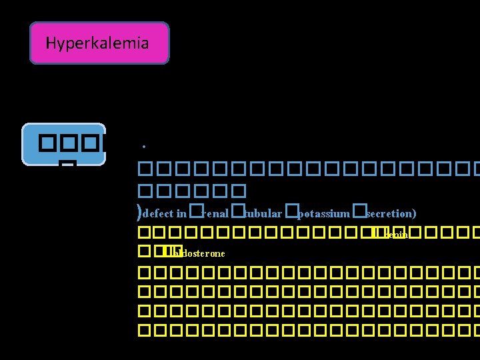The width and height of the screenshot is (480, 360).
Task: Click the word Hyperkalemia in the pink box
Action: pyautogui.click(x=97, y=44)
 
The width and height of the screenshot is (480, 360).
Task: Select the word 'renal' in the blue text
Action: pyautogui.click(x=216, y=214)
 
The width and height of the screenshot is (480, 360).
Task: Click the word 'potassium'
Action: pyautogui.click(x=323, y=214)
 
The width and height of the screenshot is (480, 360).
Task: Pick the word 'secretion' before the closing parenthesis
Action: pyautogui.click(x=389, y=214)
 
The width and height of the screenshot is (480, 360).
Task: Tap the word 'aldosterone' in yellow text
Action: pyautogui.click(x=199, y=254)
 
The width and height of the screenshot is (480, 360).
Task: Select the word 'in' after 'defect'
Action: pyautogui.click(x=182, y=214)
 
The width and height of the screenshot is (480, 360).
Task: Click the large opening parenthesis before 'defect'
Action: pyautogui.click(x=138, y=213)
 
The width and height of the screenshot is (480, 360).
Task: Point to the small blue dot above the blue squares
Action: pyautogui.click(x=143, y=146)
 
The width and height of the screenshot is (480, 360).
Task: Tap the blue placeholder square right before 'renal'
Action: pyautogui.click(x=195, y=211)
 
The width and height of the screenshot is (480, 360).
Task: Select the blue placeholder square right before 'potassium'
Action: pyautogui.click(x=291, y=211)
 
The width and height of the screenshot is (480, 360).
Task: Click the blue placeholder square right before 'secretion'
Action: pyautogui.click(x=359, y=211)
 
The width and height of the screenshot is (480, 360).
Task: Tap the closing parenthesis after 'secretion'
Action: pyautogui.click(x=414, y=214)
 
